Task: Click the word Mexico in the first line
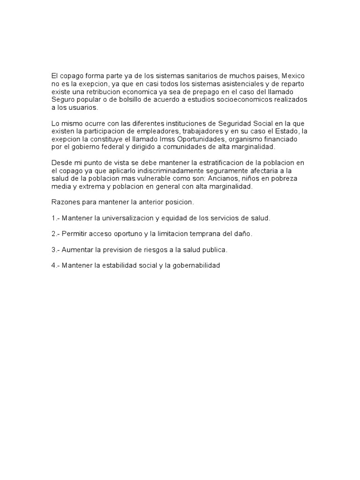click(294, 76)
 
